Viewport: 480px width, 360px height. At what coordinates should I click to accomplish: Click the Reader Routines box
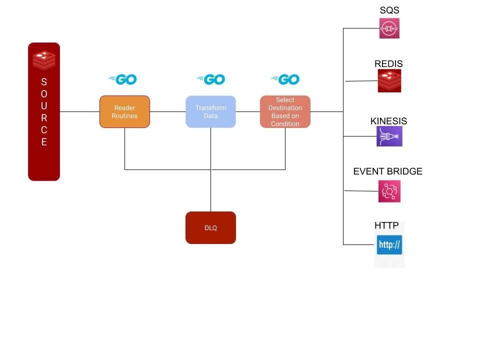124,111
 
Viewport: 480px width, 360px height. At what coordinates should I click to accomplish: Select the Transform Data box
210,111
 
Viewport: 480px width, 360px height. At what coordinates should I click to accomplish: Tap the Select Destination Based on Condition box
285,111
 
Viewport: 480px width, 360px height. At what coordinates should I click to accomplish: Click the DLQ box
210,228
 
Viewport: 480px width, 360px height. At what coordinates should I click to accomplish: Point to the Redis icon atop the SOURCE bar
44,60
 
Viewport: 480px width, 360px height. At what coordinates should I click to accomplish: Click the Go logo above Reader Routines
123,79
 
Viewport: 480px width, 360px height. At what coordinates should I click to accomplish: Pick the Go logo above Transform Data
211,79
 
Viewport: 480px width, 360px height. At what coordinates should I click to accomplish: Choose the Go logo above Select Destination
285,79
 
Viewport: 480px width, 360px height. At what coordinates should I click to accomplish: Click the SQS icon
389,28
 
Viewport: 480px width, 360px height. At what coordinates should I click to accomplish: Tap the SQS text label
389,10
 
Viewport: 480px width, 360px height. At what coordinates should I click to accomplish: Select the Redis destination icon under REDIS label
389,80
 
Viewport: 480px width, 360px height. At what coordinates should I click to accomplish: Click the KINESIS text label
388,121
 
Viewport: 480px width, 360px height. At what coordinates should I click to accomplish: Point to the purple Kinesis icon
389,136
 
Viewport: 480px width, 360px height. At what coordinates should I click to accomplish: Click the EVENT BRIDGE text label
388,171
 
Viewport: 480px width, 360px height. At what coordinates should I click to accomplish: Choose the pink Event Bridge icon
389,191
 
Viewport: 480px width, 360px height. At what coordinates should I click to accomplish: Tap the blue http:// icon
389,245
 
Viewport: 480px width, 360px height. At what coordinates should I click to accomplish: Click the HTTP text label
386,225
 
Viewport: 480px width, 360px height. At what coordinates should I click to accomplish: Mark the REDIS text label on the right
388,64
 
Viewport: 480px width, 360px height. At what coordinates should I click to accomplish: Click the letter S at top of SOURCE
44,82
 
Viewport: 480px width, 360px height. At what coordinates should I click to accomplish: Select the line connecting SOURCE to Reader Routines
79,111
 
